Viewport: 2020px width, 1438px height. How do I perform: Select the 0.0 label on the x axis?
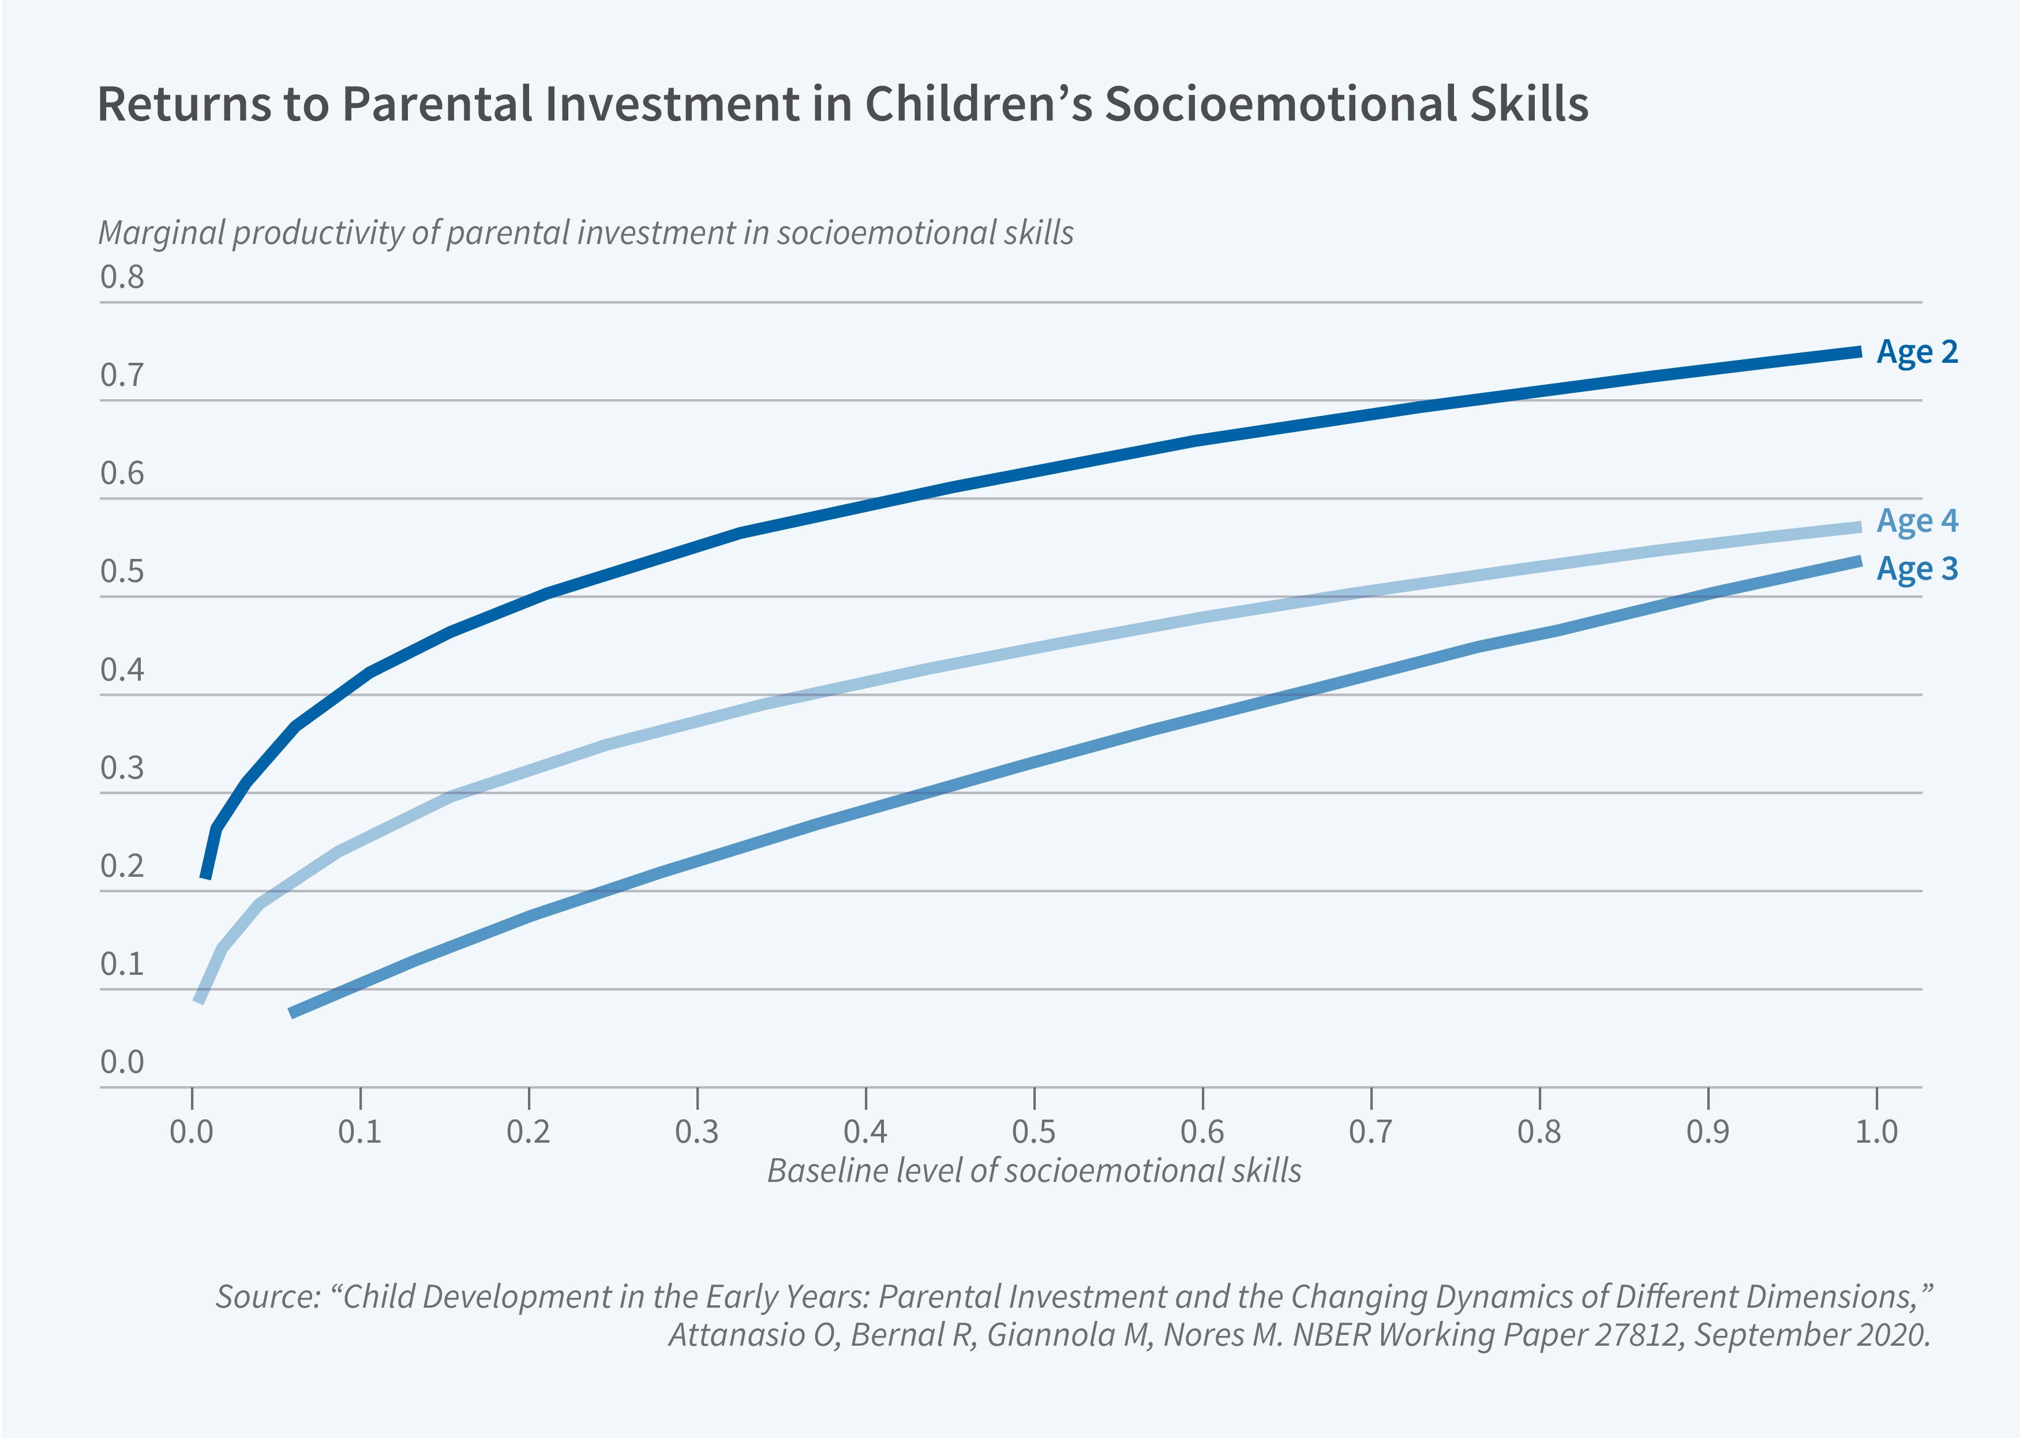(x=192, y=1132)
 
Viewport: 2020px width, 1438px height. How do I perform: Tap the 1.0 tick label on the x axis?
(x=1876, y=1132)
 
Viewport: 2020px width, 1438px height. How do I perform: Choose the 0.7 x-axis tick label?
(x=1371, y=1132)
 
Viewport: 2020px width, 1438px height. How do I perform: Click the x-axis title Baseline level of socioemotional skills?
(x=1033, y=1170)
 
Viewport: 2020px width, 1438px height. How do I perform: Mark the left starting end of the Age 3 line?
(x=293, y=1012)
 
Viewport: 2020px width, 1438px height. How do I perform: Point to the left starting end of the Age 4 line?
(x=199, y=1001)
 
